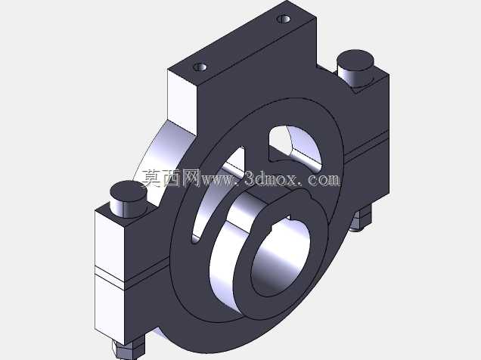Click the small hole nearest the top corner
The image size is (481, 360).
284,19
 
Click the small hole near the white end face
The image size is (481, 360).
200,67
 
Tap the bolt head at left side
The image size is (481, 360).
129,199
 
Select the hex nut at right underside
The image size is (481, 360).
361,217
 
